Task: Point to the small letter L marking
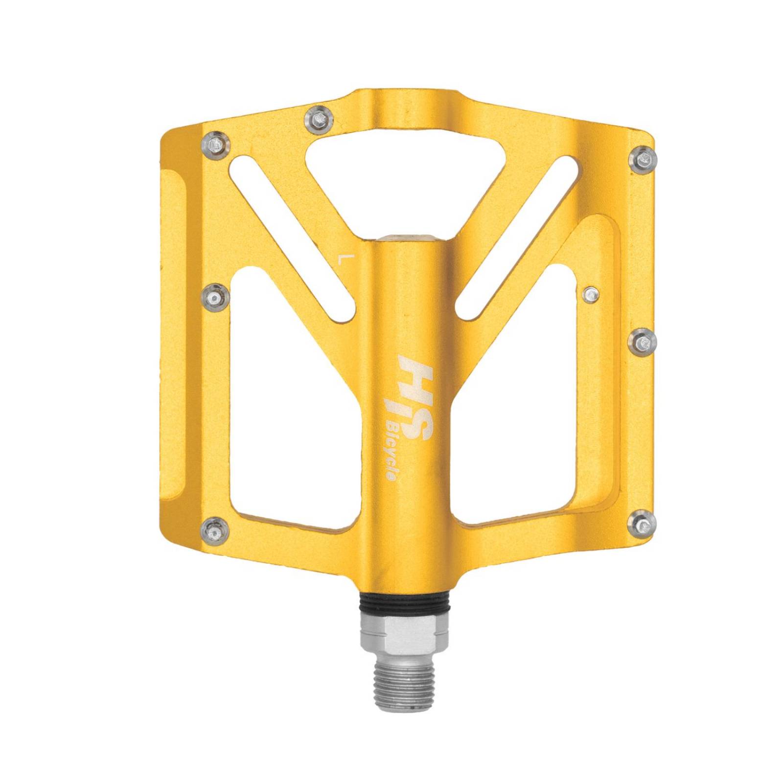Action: pyautogui.click(x=343, y=258)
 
